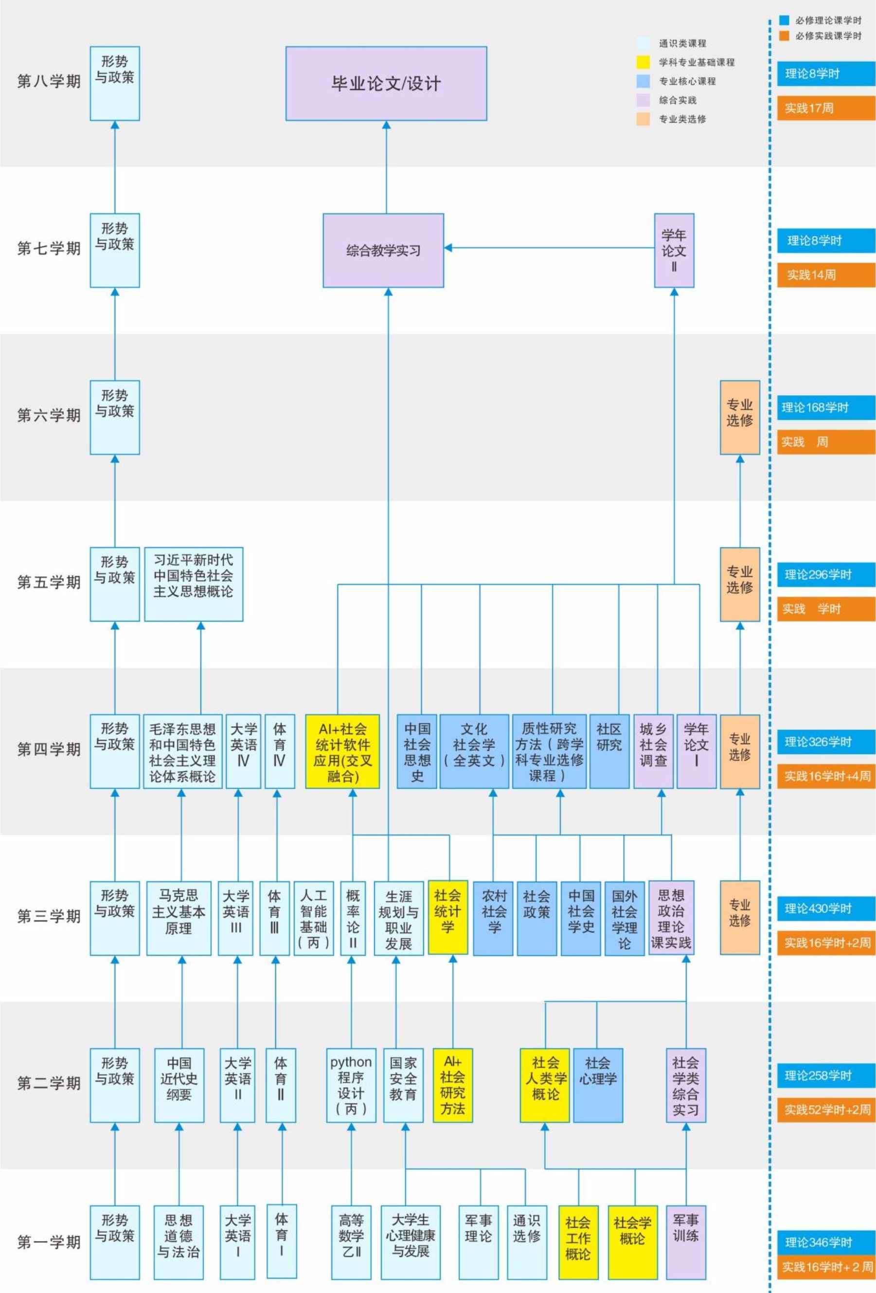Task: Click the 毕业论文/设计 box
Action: coord(386,83)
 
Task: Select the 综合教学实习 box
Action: coord(383,250)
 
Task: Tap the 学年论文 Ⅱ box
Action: coord(674,250)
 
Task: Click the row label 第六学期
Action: coord(49,415)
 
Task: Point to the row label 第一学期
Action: coord(49,1242)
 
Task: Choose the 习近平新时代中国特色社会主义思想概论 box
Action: coord(193,583)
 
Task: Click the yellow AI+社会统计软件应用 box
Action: coord(342,751)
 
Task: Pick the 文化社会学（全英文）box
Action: coord(474,751)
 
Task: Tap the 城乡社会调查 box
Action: coord(653,751)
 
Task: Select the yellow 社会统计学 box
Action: coord(448,917)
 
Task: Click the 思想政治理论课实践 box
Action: coord(671,917)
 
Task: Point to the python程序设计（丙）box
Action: coord(351,1085)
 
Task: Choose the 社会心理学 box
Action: coord(598,1085)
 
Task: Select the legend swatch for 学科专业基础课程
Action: coord(643,62)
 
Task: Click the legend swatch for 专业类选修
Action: coord(643,119)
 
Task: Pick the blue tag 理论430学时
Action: coord(826,909)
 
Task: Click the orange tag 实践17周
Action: coord(826,108)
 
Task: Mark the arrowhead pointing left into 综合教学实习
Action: coord(448,248)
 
